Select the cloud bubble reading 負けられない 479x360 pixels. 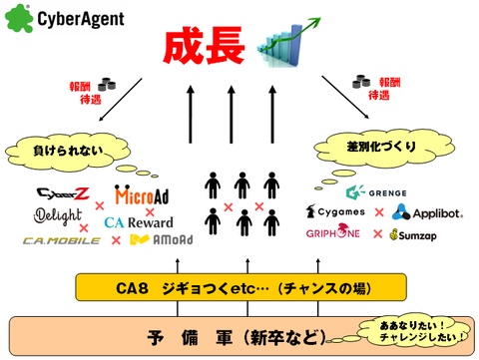pyautogui.click(x=63, y=152)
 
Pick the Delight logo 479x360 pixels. pyautogui.click(x=55, y=216)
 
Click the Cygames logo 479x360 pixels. pyautogui.click(x=338, y=212)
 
